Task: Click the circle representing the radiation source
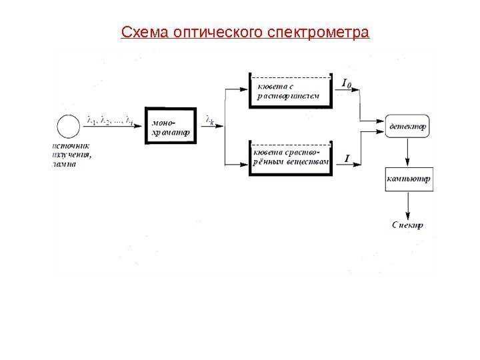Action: pyautogui.click(x=67, y=126)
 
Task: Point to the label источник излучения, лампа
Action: pyautogui.click(x=73, y=154)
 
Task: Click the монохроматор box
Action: pyautogui.click(x=171, y=127)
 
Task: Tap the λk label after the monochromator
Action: pyautogui.click(x=211, y=121)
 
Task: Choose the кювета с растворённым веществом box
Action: pyautogui.click(x=291, y=158)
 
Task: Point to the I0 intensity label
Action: pyautogui.click(x=346, y=84)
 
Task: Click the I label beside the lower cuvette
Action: pyautogui.click(x=347, y=158)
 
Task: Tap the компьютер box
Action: pyautogui.click(x=408, y=179)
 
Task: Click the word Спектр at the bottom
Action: pyautogui.click(x=407, y=225)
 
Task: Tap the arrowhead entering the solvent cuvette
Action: pyautogui.click(x=243, y=89)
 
